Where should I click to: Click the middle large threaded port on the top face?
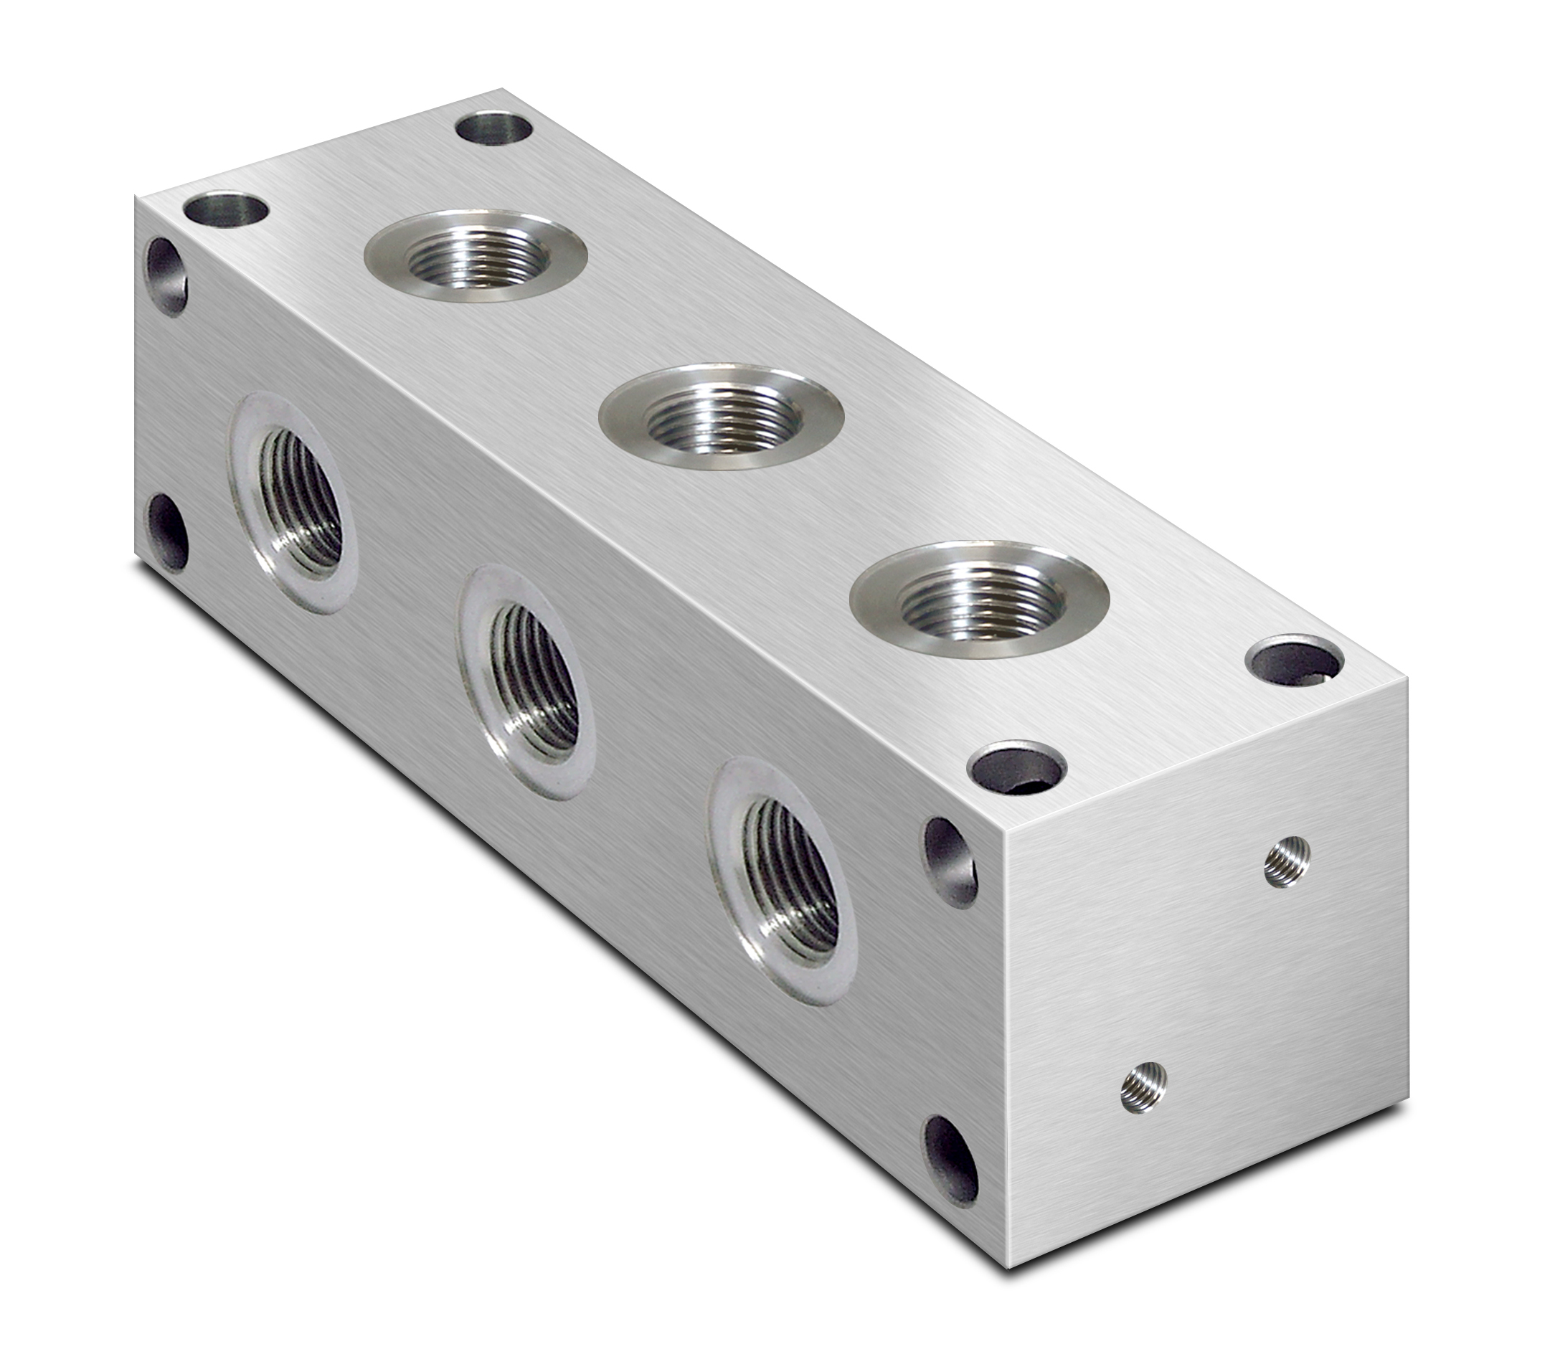[x=722, y=418]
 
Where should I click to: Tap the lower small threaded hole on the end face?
[x=1144, y=1086]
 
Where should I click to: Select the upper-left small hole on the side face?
[x=166, y=276]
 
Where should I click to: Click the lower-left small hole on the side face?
[x=167, y=532]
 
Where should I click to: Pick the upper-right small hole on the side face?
[x=950, y=861]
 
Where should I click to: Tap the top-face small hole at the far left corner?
[x=227, y=209]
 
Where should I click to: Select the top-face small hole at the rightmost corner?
[x=1295, y=661]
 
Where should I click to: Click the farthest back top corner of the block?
[x=501, y=91]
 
